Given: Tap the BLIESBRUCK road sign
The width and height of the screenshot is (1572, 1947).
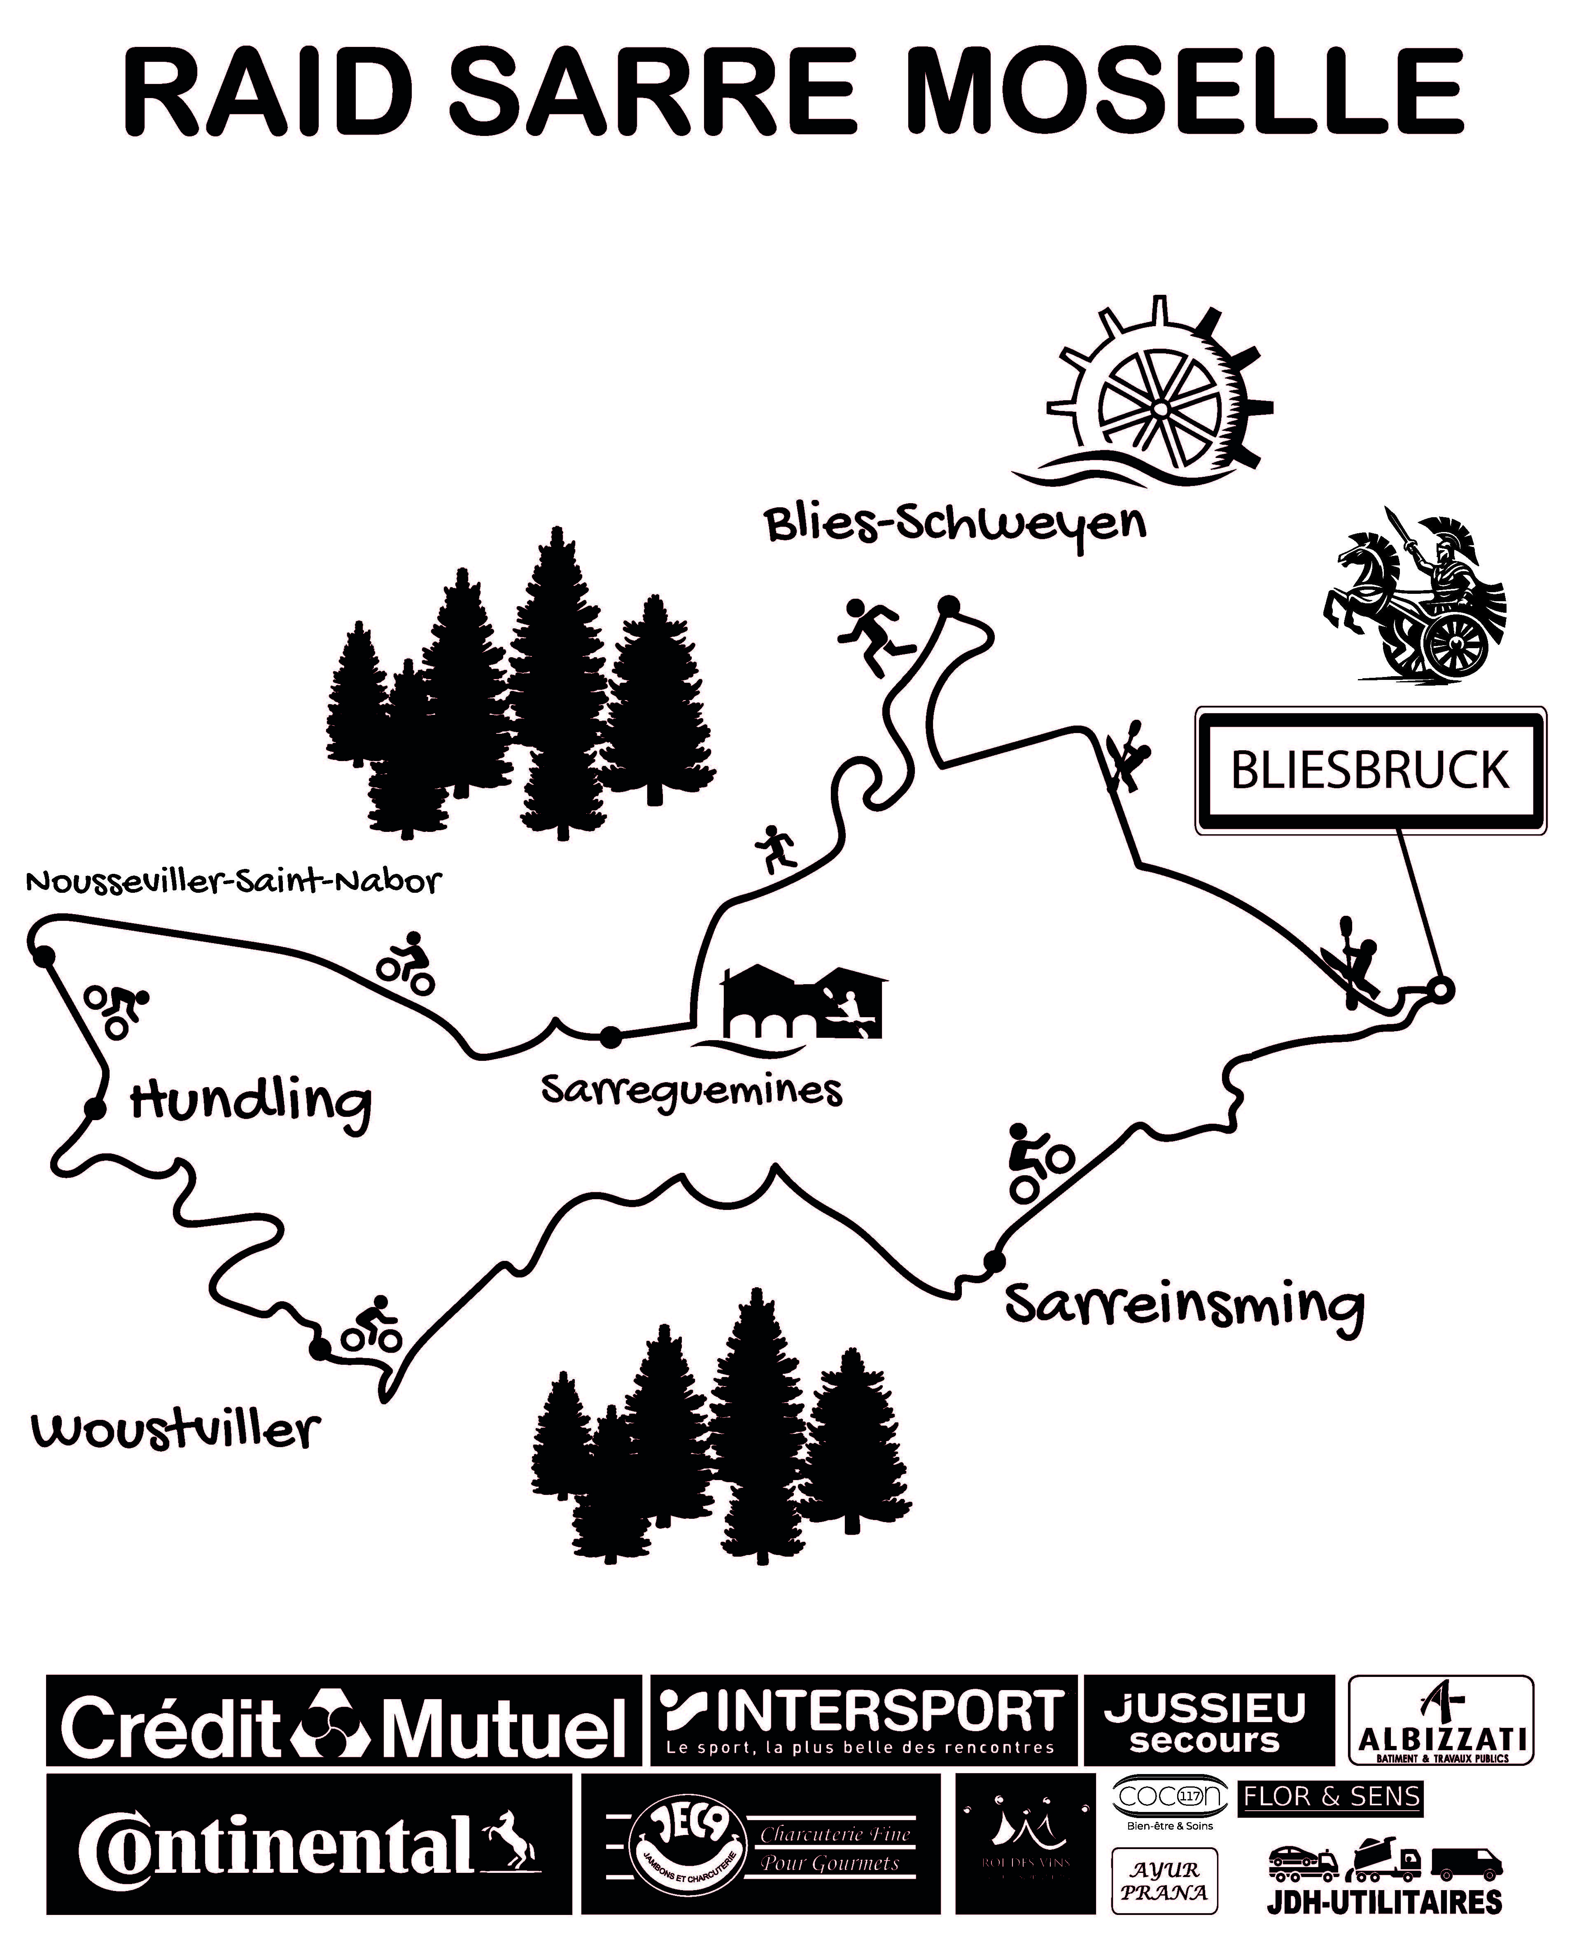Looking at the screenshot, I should pos(1370,770).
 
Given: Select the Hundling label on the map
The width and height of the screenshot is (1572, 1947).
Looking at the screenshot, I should pos(251,1103).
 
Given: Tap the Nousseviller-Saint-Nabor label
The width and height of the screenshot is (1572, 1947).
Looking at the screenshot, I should pos(233,881).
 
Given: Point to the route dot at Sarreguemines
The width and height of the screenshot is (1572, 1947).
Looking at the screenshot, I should pos(611,1037).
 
